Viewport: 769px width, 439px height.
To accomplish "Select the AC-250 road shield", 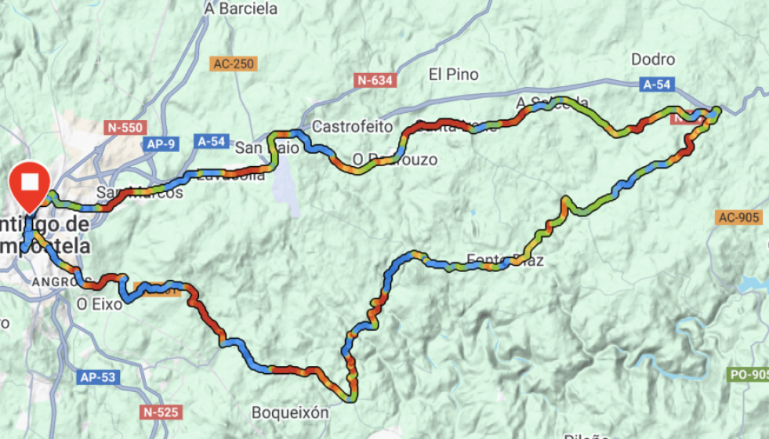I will (x=233, y=64).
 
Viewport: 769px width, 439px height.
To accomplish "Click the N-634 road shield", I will (x=375, y=80).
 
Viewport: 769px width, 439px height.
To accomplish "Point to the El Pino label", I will (x=453, y=74).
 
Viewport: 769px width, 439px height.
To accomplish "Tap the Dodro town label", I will (x=652, y=60).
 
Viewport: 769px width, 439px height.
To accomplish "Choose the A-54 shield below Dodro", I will (x=657, y=84).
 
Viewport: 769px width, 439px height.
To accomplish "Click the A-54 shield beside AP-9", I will (x=212, y=142).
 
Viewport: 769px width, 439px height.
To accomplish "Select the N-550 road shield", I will (x=124, y=126).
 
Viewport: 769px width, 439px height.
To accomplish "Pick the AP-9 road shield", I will (x=161, y=144).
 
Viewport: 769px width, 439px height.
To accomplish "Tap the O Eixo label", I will (x=100, y=304).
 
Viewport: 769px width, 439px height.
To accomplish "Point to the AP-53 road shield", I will (x=98, y=378).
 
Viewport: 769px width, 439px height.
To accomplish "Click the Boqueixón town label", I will (x=290, y=412).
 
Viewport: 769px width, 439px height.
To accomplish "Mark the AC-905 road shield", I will (x=738, y=217).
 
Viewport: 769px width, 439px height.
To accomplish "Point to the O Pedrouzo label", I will (x=394, y=160).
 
